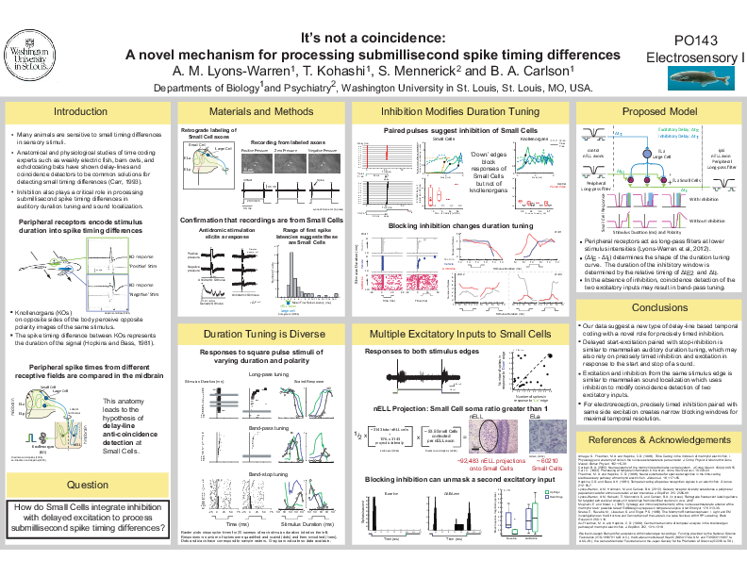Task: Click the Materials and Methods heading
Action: pyautogui.click(x=261, y=111)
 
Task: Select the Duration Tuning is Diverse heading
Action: pyautogui.click(x=261, y=334)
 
